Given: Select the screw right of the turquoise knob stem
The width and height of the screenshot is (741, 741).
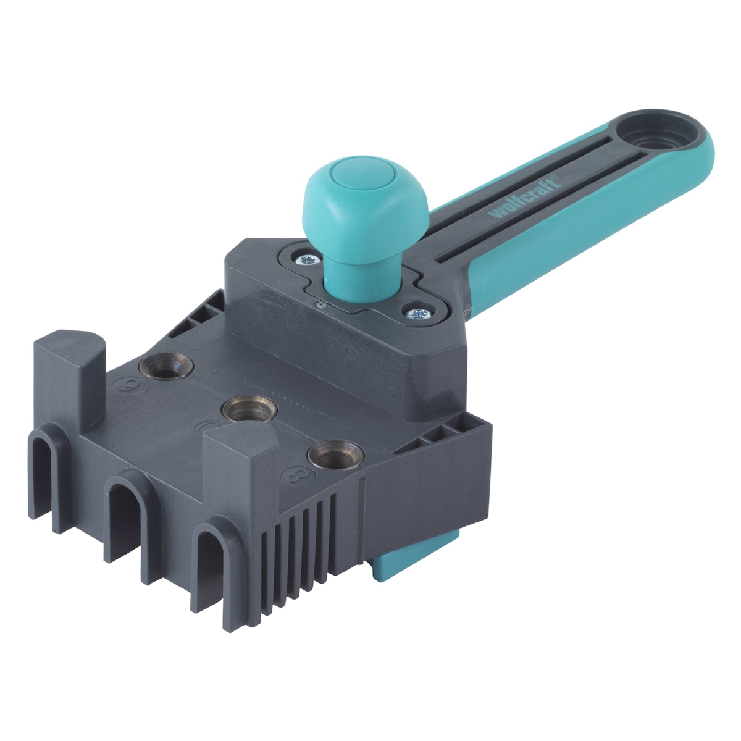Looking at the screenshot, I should [x=414, y=313].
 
